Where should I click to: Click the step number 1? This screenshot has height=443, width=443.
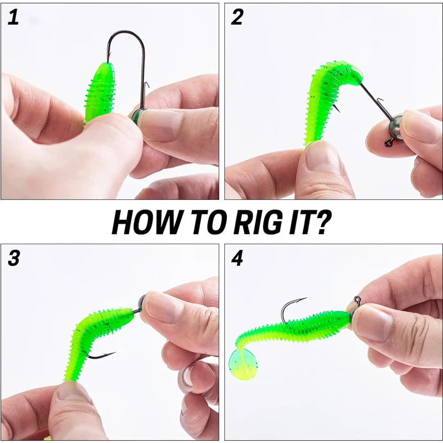coord(13,17)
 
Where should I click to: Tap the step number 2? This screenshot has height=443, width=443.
coord(238,17)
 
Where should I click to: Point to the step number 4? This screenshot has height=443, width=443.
coord(238,258)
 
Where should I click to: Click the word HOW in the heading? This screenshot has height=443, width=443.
coord(146,222)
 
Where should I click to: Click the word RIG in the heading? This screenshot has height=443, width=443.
coord(258,222)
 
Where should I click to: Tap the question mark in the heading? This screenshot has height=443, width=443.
coord(323,222)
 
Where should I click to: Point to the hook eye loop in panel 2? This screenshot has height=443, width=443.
coord(389,143)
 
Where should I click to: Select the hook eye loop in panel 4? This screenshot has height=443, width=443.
coord(358,300)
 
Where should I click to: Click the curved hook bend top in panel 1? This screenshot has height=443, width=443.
coord(126,32)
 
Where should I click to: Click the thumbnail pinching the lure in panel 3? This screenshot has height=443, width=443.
coord(74,393)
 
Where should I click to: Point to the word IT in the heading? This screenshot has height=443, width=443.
coord(301,222)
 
